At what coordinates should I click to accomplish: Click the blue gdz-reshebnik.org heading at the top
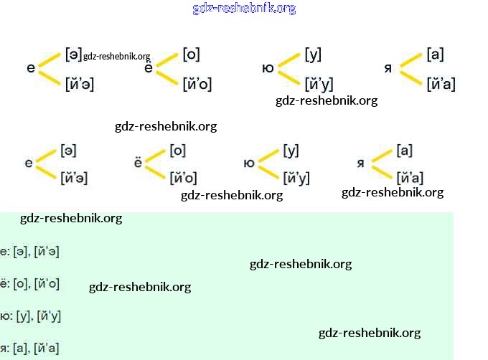[244, 9]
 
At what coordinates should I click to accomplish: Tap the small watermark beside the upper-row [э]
[116, 57]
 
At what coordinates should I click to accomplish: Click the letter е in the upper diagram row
[30, 68]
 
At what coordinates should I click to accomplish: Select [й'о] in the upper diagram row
[197, 84]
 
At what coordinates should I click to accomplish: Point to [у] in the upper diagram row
[313, 54]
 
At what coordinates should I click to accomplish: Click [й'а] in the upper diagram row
[441, 84]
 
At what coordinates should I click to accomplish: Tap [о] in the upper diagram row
[191, 54]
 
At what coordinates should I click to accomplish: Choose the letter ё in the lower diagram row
[139, 163]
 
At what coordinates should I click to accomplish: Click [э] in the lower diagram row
[69, 151]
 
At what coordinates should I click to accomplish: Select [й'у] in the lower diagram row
[296, 178]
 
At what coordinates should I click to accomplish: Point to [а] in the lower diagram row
[404, 151]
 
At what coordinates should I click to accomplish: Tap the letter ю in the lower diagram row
[249, 163]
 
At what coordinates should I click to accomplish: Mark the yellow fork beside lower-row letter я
[381, 164]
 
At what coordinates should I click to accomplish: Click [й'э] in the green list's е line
[47, 251]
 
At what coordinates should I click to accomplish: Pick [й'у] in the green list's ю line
[48, 316]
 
